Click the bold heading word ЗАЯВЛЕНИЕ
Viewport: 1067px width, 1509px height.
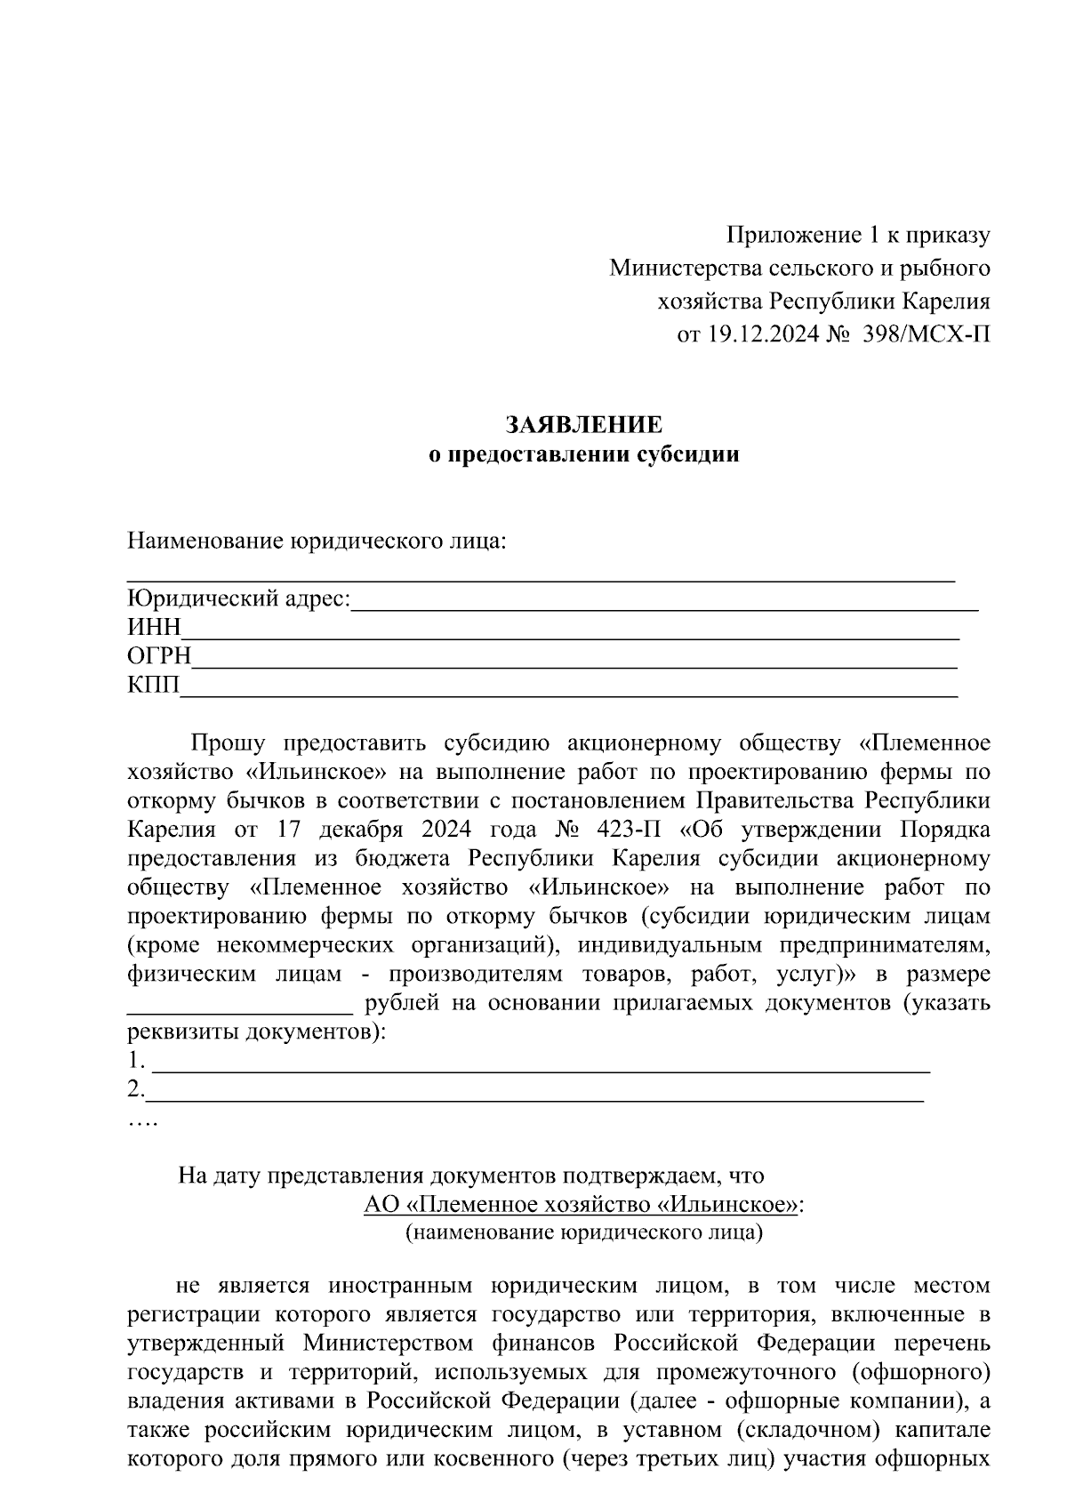[x=584, y=423]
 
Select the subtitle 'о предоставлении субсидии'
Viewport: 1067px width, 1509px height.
[x=584, y=455]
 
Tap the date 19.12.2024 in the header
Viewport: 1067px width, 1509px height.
[x=762, y=333]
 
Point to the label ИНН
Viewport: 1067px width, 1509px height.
[x=154, y=628]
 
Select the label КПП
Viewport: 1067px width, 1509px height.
[x=153, y=686]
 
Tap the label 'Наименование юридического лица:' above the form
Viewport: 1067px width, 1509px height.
[x=316, y=541]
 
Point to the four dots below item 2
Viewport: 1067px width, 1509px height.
[x=142, y=1123]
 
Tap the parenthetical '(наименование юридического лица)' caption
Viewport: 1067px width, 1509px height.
[x=584, y=1233]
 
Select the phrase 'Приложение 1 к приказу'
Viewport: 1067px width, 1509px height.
[x=858, y=236]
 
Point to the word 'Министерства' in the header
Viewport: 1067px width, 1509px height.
[x=673, y=268]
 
